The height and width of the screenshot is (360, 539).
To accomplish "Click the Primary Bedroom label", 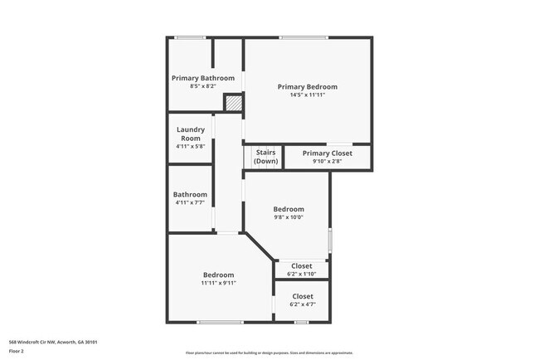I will [x=307, y=86].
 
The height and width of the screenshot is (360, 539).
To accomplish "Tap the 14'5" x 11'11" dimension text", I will [x=307, y=95].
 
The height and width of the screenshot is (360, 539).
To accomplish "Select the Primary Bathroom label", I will [x=202, y=78].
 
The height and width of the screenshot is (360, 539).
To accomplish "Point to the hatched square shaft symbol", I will [x=235, y=104].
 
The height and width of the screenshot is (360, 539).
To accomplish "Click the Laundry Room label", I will [x=191, y=134].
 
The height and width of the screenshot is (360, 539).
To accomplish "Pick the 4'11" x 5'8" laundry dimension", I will [x=191, y=146].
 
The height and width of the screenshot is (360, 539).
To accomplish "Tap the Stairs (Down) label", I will [x=265, y=157].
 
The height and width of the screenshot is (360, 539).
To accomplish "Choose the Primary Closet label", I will [x=327, y=153].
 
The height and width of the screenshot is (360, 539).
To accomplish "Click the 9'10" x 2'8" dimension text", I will [x=327, y=161].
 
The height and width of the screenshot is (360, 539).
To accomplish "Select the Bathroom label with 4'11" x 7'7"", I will [x=190, y=195].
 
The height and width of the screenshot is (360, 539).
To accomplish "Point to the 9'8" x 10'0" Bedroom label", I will [x=289, y=209].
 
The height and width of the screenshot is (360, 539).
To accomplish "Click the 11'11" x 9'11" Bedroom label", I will [x=218, y=275].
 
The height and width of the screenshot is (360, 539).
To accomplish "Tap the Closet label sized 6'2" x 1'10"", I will [x=302, y=266].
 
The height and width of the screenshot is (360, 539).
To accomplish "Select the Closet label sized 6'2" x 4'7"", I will [x=302, y=296].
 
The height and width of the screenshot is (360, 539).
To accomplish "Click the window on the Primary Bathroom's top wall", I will [x=190, y=37].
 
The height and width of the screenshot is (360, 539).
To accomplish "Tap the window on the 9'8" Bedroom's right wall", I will [x=330, y=240].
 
